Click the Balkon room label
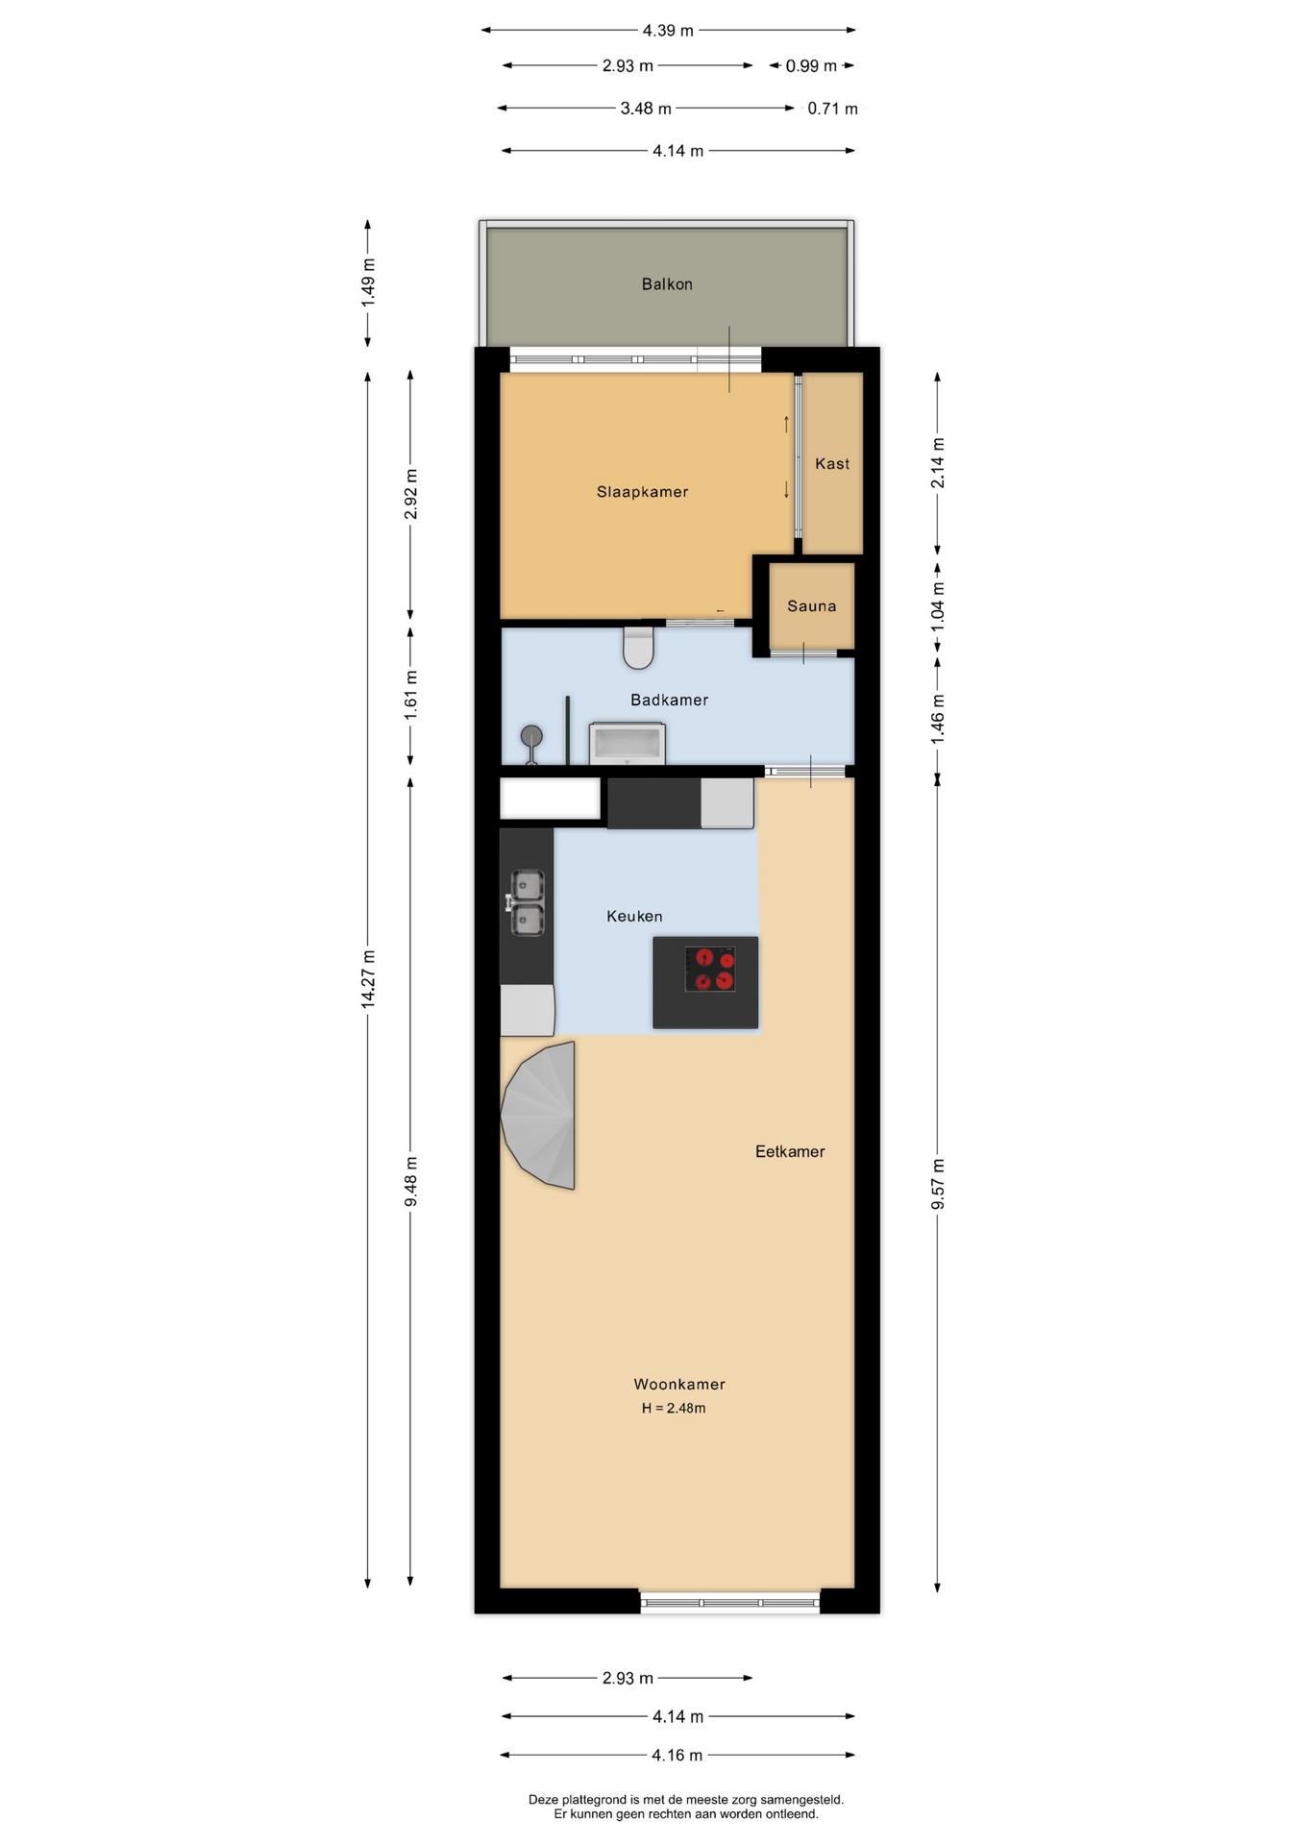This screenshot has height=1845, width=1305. tap(667, 284)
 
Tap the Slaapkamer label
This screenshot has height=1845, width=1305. tap(642, 492)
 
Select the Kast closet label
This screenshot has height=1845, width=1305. tap(832, 464)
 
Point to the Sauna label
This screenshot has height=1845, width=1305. tap(811, 606)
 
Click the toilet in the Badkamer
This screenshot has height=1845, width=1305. tap(638, 647)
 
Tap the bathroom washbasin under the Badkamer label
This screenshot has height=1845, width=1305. tap(628, 744)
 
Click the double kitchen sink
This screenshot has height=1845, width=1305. tap(527, 903)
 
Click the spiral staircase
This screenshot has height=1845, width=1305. tap(539, 1116)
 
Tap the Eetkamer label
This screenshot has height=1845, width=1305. tap(790, 1151)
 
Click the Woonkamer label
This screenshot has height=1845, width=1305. tap(679, 1385)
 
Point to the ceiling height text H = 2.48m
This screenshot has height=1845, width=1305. tap(674, 1409)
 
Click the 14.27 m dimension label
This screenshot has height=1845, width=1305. tap(368, 978)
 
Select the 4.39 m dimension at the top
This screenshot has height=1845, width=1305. tap(668, 31)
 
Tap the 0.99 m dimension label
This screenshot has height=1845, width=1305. tap(811, 66)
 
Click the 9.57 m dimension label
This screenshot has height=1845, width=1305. tap(938, 1184)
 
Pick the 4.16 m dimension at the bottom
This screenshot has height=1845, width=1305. tap(677, 1756)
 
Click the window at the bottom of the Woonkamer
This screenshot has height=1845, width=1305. tap(730, 1602)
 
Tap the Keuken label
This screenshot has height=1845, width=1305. tap(634, 917)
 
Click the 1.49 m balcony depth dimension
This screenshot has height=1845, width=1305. tap(368, 283)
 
